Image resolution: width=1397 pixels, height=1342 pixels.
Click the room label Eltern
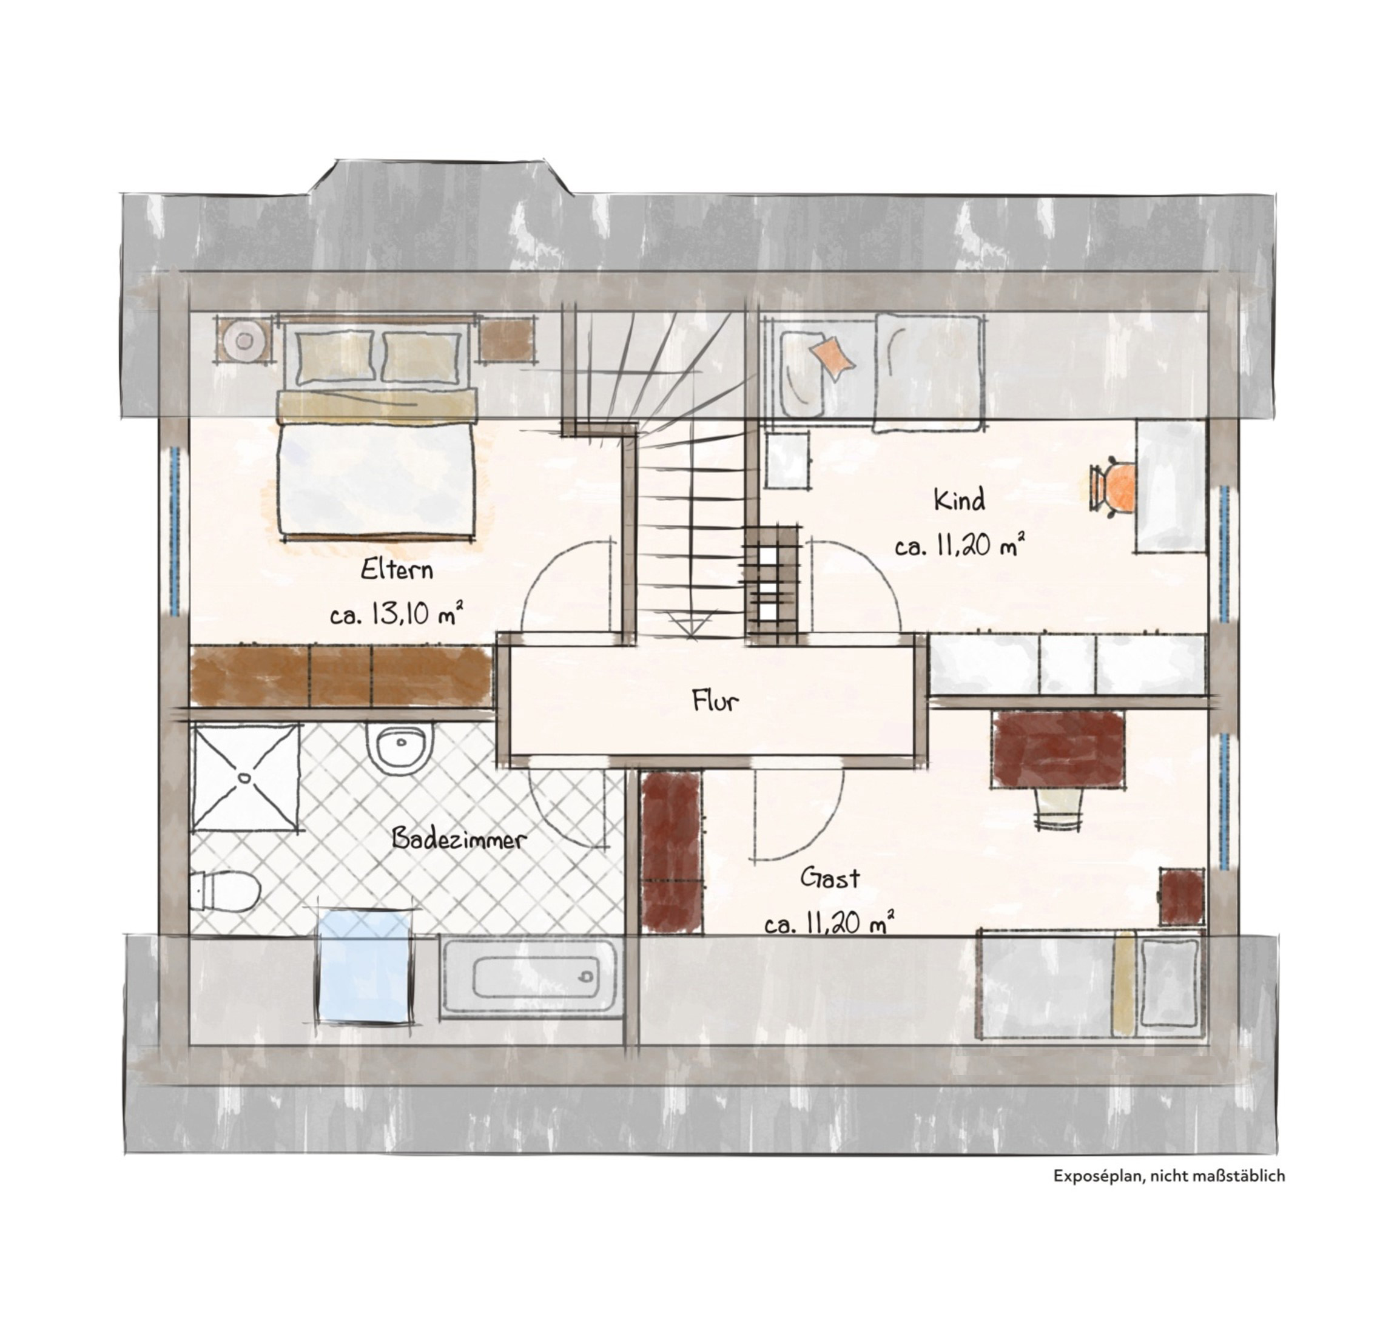[x=397, y=570]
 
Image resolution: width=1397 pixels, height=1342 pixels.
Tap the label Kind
[x=960, y=501]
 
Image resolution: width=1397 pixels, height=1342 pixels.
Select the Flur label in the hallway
[x=715, y=701]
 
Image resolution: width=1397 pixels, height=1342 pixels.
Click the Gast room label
[x=830, y=878]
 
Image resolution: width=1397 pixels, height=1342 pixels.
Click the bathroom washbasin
[x=400, y=748]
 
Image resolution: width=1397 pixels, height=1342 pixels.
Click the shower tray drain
[x=245, y=778]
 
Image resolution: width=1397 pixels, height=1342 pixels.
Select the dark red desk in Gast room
[x=1059, y=749]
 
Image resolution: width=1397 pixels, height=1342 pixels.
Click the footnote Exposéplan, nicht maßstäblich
[x=1169, y=1176]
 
